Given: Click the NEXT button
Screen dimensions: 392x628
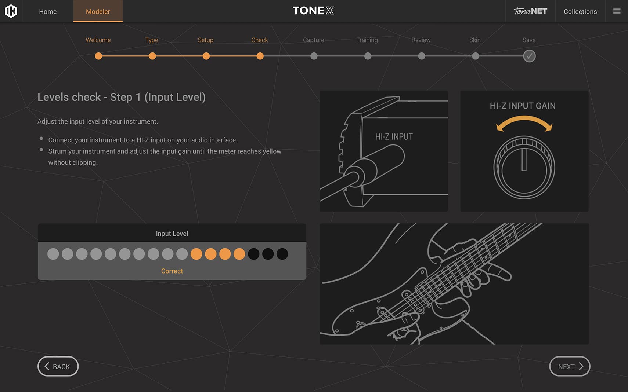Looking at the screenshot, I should pos(570,366).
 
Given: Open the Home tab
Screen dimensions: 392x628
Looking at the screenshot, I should pos(48,11).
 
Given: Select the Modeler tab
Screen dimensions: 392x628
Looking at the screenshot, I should pos(98,11).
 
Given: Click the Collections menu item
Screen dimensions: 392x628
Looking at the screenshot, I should pos(580,11).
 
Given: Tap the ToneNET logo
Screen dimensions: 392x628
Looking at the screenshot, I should pos(530,11).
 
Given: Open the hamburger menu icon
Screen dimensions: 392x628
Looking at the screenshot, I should pos(617,11).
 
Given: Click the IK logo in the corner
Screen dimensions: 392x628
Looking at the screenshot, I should pos(11,11).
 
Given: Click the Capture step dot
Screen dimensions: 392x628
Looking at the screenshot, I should pos(314,56).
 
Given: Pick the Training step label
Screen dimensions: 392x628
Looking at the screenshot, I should pos(367,40).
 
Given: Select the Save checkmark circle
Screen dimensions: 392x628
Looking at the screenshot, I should pos(529,56).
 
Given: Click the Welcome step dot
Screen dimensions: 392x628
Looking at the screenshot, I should pos(98,56).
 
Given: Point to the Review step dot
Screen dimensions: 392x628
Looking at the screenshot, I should pos(422,56).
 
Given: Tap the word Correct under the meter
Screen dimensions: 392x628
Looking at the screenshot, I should pos(172,271).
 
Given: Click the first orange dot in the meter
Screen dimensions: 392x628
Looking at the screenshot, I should pos(196,254).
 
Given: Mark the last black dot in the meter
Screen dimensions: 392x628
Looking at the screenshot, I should pos(282,254).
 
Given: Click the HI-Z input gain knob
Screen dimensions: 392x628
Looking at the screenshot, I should pos(524,168).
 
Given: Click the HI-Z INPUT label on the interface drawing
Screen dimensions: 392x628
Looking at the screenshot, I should pos(394,137).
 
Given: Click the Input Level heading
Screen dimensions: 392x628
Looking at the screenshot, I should pos(172,234).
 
